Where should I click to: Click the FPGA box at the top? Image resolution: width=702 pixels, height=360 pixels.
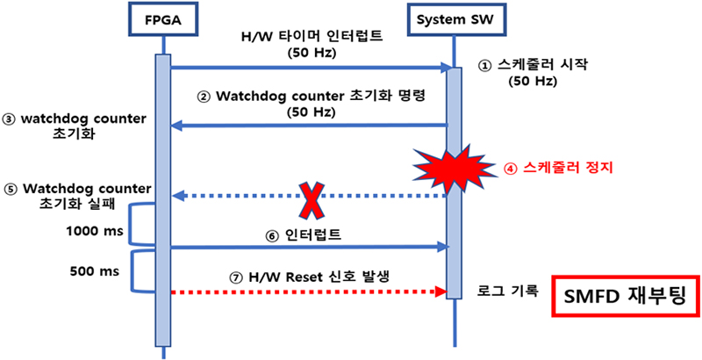tap(163, 19)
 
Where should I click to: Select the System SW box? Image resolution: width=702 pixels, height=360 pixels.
tap(454, 19)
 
